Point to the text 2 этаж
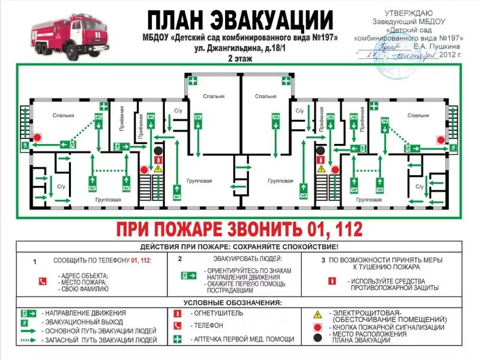pos(240,59)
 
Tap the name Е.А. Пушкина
pos(436,46)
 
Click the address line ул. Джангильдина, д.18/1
pos(240,49)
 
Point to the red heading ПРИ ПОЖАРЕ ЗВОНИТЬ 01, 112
pos(240,229)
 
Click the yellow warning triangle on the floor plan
pos(158,169)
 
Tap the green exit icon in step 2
pos(190,275)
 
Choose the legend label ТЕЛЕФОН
pos(208,326)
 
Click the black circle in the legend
pos(318,337)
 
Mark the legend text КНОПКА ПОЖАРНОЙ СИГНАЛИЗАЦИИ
pos(388,328)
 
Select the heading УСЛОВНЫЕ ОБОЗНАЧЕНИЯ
pos(240,302)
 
